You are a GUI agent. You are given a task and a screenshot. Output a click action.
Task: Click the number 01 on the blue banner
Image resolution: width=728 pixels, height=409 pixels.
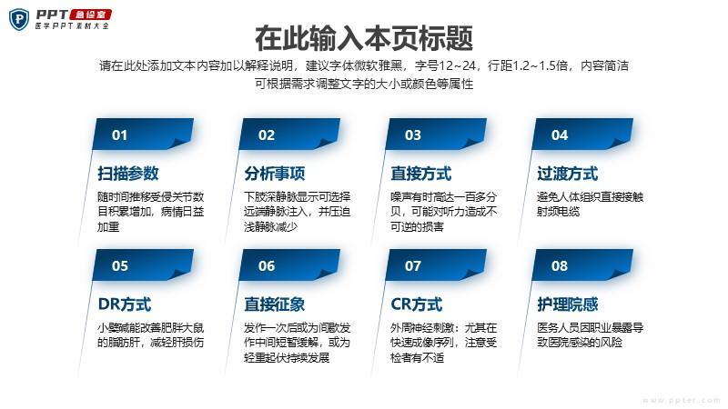click(x=119, y=135)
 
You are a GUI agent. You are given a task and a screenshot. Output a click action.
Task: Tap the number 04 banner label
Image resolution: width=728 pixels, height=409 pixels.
click(x=560, y=135)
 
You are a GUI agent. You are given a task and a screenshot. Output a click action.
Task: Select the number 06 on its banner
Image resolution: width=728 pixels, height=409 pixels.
click(x=267, y=265)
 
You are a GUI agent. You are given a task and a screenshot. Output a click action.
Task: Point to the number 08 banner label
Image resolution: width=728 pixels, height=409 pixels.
click(x=560, y=265)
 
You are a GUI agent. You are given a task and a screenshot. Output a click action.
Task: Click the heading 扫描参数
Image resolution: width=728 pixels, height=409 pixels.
click(x=128, y=174)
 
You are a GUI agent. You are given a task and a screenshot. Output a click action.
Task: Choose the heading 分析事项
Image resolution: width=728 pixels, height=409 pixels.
click(x=275, y=174)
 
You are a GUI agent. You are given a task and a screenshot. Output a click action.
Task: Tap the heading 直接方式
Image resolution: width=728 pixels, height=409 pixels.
click(x=421, y=174)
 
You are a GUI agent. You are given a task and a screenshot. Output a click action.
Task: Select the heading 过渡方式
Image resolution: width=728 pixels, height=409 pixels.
click(x=567, y=174)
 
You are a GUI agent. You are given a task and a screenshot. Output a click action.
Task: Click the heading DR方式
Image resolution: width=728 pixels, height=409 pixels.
click(x=125, y=304)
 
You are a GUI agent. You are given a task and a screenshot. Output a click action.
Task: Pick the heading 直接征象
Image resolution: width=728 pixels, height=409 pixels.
click(x=275, y=304)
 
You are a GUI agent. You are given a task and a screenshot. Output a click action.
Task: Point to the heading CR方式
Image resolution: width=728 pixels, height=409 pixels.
click(x=417, y=304)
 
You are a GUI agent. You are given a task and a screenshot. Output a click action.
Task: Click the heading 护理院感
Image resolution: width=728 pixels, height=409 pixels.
click(x=567, y=304)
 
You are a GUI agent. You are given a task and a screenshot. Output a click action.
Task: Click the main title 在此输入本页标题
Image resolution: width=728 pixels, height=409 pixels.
click(x=364, y=38)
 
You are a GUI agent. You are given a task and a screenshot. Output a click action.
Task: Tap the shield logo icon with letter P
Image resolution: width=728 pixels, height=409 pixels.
click(x=19, y=19)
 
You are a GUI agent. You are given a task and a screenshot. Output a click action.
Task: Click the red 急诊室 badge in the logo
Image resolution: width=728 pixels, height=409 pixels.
click(x=90, y=15)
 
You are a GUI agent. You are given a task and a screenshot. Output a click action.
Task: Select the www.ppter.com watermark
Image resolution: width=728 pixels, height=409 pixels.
click(x=681, y=400)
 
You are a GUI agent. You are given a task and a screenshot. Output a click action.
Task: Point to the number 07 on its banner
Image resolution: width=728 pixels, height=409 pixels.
click(x=413, y=265)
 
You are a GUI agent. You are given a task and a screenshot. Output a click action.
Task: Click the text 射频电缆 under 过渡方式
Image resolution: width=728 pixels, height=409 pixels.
click(x=559, y=212)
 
